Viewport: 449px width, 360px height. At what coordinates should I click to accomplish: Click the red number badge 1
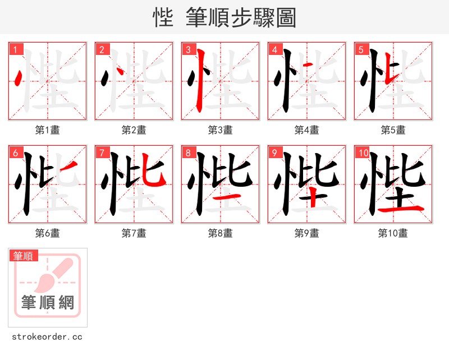click(x=16, y=50)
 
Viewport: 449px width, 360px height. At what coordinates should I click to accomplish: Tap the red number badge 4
click(x=275, y=50)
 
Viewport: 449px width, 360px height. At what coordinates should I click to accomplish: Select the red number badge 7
click(x=102, y=153)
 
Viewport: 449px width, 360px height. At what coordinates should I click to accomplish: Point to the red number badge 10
click(x=363, y=153)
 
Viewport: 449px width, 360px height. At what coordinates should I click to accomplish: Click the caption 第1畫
click(x=48, y=130)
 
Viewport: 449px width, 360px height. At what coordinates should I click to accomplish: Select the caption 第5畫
click(x=393, y=130)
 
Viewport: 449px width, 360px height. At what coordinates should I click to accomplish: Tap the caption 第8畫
click(x=221, y=233)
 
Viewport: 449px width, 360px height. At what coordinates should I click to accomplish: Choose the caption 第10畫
click(x=393, y=233)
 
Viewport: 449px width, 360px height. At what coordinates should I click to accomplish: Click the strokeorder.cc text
click(x=47, y=337)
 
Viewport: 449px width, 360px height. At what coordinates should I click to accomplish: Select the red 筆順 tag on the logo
click(x=24, y=256)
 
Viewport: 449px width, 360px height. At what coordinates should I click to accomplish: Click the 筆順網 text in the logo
click(x=48, y=303)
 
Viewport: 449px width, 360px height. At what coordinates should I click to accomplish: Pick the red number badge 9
click(x=275, y=153)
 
